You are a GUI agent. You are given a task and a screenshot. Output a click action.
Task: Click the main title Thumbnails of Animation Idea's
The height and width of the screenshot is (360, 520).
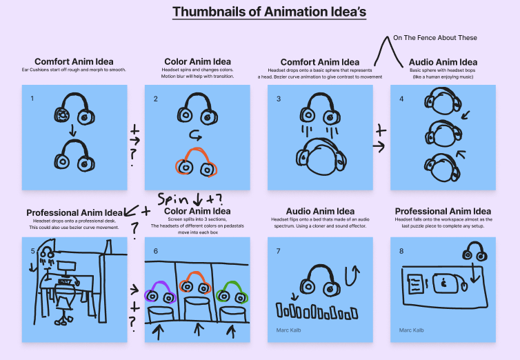tap(259, 12)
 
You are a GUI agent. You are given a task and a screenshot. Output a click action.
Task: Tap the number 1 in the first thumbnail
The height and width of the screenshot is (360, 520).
tap(31, 99)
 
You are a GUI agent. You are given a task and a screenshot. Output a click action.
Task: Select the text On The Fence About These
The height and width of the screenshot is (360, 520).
tap(435, 38)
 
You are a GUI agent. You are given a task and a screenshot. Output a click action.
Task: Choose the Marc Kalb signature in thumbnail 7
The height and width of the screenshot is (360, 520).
tap(290, 330)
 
